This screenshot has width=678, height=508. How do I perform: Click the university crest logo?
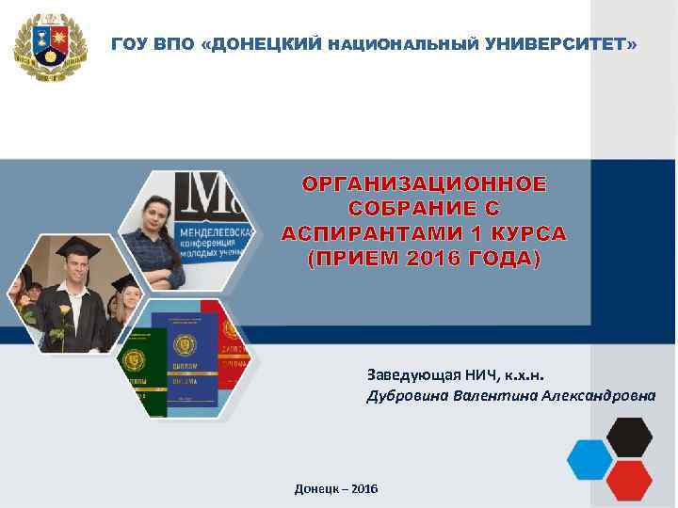50,47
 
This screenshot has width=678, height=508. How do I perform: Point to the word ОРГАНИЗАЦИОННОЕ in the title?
424,183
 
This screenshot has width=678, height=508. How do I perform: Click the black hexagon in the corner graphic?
629,436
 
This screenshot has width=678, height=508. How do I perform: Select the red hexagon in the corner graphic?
629,480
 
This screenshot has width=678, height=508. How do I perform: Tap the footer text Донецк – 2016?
336,490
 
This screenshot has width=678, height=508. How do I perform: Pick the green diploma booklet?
141,372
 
